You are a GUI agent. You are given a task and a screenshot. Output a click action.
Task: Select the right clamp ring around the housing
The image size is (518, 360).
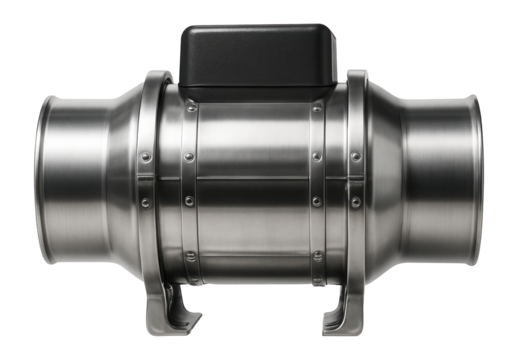pyautogui.click(x=357, y=180)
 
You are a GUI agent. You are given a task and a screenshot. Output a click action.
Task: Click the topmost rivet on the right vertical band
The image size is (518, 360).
pyautogui.click(x=318, y=108)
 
